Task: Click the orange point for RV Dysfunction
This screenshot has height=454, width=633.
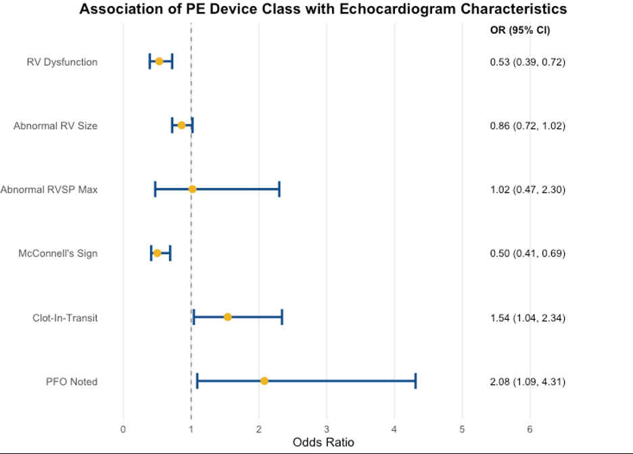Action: (159, 61)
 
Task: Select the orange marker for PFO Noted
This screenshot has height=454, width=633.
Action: (264, 381)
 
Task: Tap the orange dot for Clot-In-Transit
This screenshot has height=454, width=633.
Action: (228, 317)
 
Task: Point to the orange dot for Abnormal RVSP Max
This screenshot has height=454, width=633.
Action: (193, 189)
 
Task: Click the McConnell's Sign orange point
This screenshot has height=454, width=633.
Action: (157, 253)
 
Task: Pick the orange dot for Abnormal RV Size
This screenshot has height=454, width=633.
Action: (181, 125)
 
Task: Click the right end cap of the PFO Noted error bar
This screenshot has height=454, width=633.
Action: (415, 381)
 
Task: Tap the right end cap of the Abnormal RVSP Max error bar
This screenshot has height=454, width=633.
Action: (279, 189)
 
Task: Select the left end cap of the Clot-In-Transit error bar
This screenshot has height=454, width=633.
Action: (194, 317)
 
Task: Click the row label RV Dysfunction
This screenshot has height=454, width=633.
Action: (62, 62)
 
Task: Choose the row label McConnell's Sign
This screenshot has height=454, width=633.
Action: (57, 253)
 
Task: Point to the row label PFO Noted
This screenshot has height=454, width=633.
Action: (72, 382)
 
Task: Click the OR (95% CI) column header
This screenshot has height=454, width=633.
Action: (520, 30)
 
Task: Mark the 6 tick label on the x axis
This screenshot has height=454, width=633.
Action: (530, 429)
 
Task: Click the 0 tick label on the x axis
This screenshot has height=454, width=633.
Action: (123, 429)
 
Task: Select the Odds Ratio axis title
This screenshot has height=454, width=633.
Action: (323, 443)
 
